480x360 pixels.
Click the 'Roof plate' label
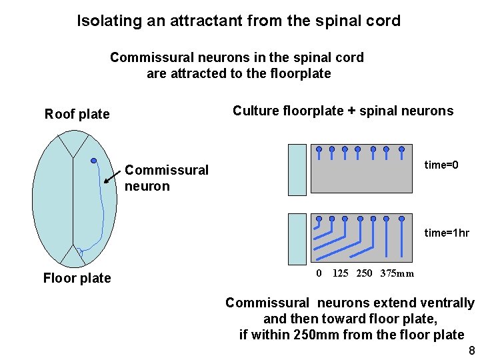[x=77, y=114]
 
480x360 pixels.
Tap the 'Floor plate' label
[x=77, y=278]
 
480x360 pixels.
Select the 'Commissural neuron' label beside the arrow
[x=166, y=178]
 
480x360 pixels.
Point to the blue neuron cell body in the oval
[x=94, y=161]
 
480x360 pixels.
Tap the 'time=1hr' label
[x=447, y=233]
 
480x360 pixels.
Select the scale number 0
[x=319, y=273]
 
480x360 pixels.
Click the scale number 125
[x=340, y=273]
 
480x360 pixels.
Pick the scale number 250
[x=365, y=273]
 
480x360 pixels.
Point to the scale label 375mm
[x=397, y=273]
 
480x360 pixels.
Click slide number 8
[x=471, y=351]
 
